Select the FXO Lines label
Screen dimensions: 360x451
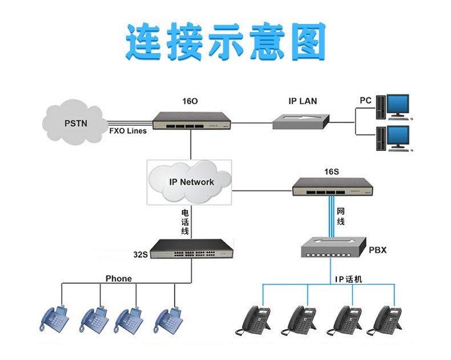128,131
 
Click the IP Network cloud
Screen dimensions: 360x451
191,182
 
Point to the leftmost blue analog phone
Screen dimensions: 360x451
55,319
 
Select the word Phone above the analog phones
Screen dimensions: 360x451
118,279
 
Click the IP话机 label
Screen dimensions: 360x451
348,279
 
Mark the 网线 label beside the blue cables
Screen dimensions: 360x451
341,217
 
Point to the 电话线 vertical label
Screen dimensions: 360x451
184,221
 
